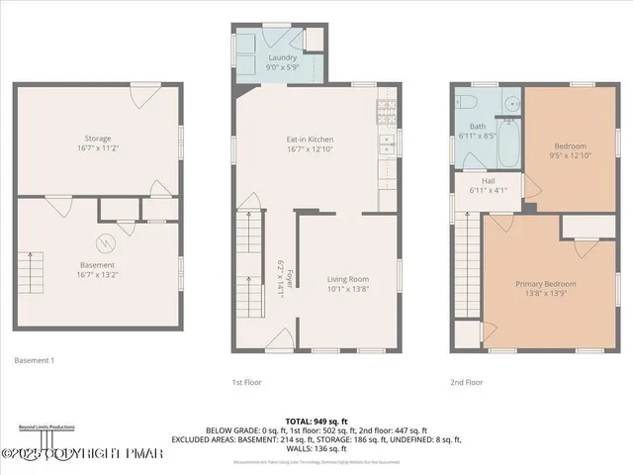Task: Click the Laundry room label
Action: [282, 58]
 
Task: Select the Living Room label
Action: [348, 280]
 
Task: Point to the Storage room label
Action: [97, 139]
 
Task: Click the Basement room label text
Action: [97, 265]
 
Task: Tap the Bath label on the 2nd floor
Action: [478, 127]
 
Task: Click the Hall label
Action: [488, 181]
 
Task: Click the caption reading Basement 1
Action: [35, 361]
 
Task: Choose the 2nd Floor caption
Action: [467, 381]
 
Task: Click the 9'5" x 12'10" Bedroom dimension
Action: [571, 154]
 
